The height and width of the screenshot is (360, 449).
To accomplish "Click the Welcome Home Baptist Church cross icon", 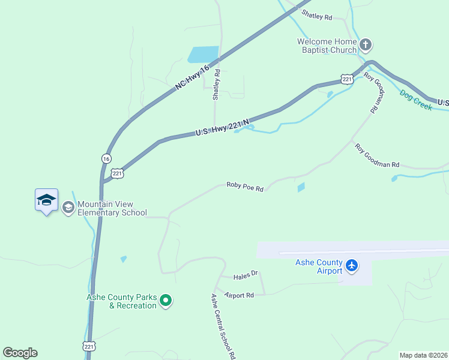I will point(366,44).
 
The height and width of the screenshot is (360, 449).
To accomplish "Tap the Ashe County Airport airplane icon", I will point(352,265).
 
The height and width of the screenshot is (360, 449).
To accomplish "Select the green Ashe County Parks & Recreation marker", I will point(167,301).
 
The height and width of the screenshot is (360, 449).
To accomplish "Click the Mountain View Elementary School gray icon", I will point(68,208).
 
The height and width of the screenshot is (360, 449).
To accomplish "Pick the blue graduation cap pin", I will point(46,200).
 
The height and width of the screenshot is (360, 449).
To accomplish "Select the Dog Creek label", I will point(415,100).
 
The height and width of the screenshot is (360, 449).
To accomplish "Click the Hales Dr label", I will point(246,274).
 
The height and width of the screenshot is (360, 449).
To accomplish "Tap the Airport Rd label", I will point(240,295).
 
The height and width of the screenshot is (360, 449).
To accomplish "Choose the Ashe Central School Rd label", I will point(222,326).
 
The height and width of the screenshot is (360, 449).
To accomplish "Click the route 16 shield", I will point(106,158).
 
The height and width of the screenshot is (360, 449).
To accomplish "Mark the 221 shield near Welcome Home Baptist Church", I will point(346,79).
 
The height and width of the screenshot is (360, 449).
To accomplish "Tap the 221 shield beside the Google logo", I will point(88,347).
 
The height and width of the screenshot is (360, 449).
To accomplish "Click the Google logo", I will point(20,353).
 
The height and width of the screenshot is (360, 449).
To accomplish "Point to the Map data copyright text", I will point(424,355).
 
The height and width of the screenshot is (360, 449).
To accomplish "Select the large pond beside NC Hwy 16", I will point(203,55).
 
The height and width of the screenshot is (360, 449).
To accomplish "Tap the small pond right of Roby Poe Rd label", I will point(301,188).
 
